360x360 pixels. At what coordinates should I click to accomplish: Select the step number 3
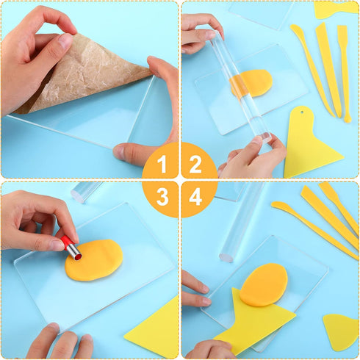point(163,197)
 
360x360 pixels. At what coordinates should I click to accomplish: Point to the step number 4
point(196,197)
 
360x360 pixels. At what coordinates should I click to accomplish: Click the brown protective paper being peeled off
point(81,73)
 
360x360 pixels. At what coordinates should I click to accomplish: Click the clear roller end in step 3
point(84,192)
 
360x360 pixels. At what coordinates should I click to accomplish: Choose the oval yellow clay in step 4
point(263,284)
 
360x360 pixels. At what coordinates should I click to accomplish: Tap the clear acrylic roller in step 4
point(242,220)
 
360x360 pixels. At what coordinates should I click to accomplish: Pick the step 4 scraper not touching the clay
point(341,331)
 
